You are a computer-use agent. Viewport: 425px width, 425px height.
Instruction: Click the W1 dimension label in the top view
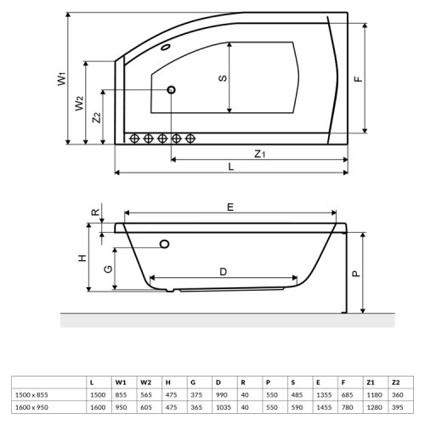60,80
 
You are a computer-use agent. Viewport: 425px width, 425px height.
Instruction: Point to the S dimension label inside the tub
222,77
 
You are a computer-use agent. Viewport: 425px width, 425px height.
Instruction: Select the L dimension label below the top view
231,167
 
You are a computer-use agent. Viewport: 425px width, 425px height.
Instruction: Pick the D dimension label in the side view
223,272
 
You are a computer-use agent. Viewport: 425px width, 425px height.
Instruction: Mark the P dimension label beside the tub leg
357,274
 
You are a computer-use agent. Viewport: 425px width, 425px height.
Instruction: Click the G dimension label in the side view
108,269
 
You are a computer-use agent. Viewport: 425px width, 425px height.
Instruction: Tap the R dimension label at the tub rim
96,213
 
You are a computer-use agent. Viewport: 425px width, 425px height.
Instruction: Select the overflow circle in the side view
164,245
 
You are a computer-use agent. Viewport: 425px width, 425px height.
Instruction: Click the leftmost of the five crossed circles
133,139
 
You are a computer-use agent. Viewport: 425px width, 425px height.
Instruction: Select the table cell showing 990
219,394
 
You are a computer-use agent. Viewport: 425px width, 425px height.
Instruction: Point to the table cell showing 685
347,394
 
